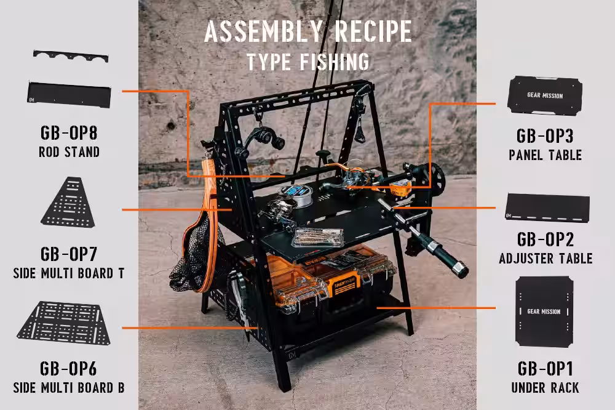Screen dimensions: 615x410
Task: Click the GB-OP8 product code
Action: [69, 133]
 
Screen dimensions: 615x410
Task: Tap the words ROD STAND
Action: [69, 152]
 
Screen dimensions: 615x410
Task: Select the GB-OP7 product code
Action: [69, 254]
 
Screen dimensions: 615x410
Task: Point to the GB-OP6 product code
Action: [68, 369]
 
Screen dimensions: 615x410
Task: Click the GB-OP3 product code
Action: [545, 136]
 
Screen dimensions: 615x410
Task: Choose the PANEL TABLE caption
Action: [545, 155]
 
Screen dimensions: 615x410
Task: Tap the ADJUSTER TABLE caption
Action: [546, 259]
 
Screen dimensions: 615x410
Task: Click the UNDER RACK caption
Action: [545, 388]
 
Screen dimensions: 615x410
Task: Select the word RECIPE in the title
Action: [373, 31]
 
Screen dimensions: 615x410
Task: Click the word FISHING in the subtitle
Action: [335, 62]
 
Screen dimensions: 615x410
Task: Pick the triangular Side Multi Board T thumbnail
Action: [68, 203]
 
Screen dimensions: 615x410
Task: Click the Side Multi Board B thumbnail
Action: [64, 323]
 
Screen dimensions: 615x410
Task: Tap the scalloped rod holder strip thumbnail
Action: [71, 57]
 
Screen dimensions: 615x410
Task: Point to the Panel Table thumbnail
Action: [545, 95]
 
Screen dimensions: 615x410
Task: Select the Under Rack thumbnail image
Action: [544, 312]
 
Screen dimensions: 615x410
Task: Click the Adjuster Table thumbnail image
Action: [547, 207]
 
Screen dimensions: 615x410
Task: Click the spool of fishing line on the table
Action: [296, 195]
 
